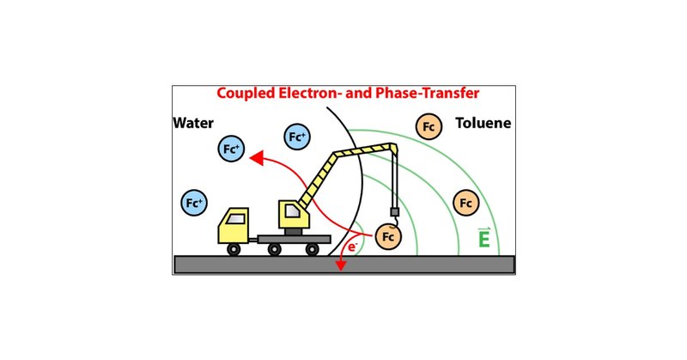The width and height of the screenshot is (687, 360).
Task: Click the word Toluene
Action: click(483, 122)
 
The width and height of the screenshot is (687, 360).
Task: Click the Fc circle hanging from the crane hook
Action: click(389, 234)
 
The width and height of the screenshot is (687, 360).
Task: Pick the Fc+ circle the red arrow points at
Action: click(231, 149)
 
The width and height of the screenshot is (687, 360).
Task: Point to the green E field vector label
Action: click(484, 237)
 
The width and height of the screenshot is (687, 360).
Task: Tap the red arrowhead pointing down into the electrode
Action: click(341, 265)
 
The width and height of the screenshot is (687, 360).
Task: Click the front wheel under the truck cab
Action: click(234, 249)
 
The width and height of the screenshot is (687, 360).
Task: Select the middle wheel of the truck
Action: click(274, 249)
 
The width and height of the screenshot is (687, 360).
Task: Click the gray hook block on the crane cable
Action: click(395, 211)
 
